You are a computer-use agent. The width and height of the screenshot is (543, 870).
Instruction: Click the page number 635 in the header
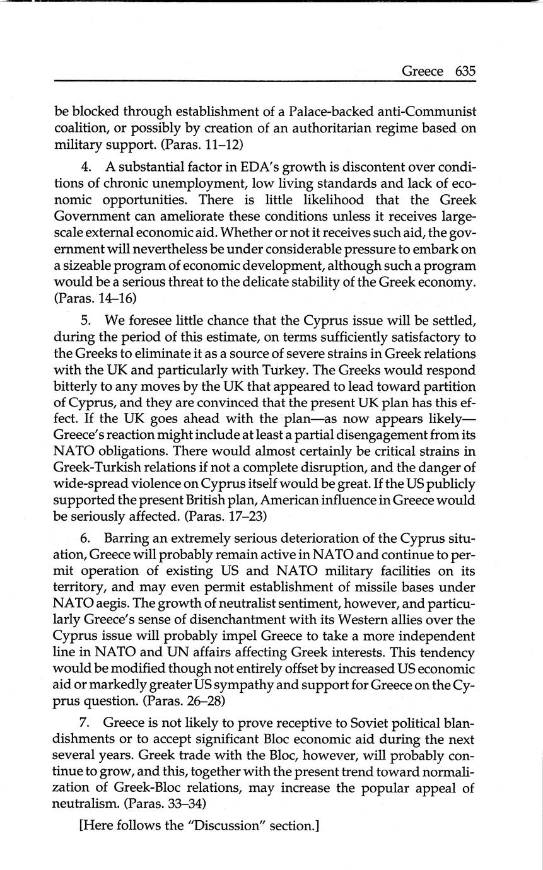(464, 71)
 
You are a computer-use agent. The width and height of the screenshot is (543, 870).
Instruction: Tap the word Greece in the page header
(422, 71)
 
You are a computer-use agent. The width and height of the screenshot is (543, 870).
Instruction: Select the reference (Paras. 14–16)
(96, 299)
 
